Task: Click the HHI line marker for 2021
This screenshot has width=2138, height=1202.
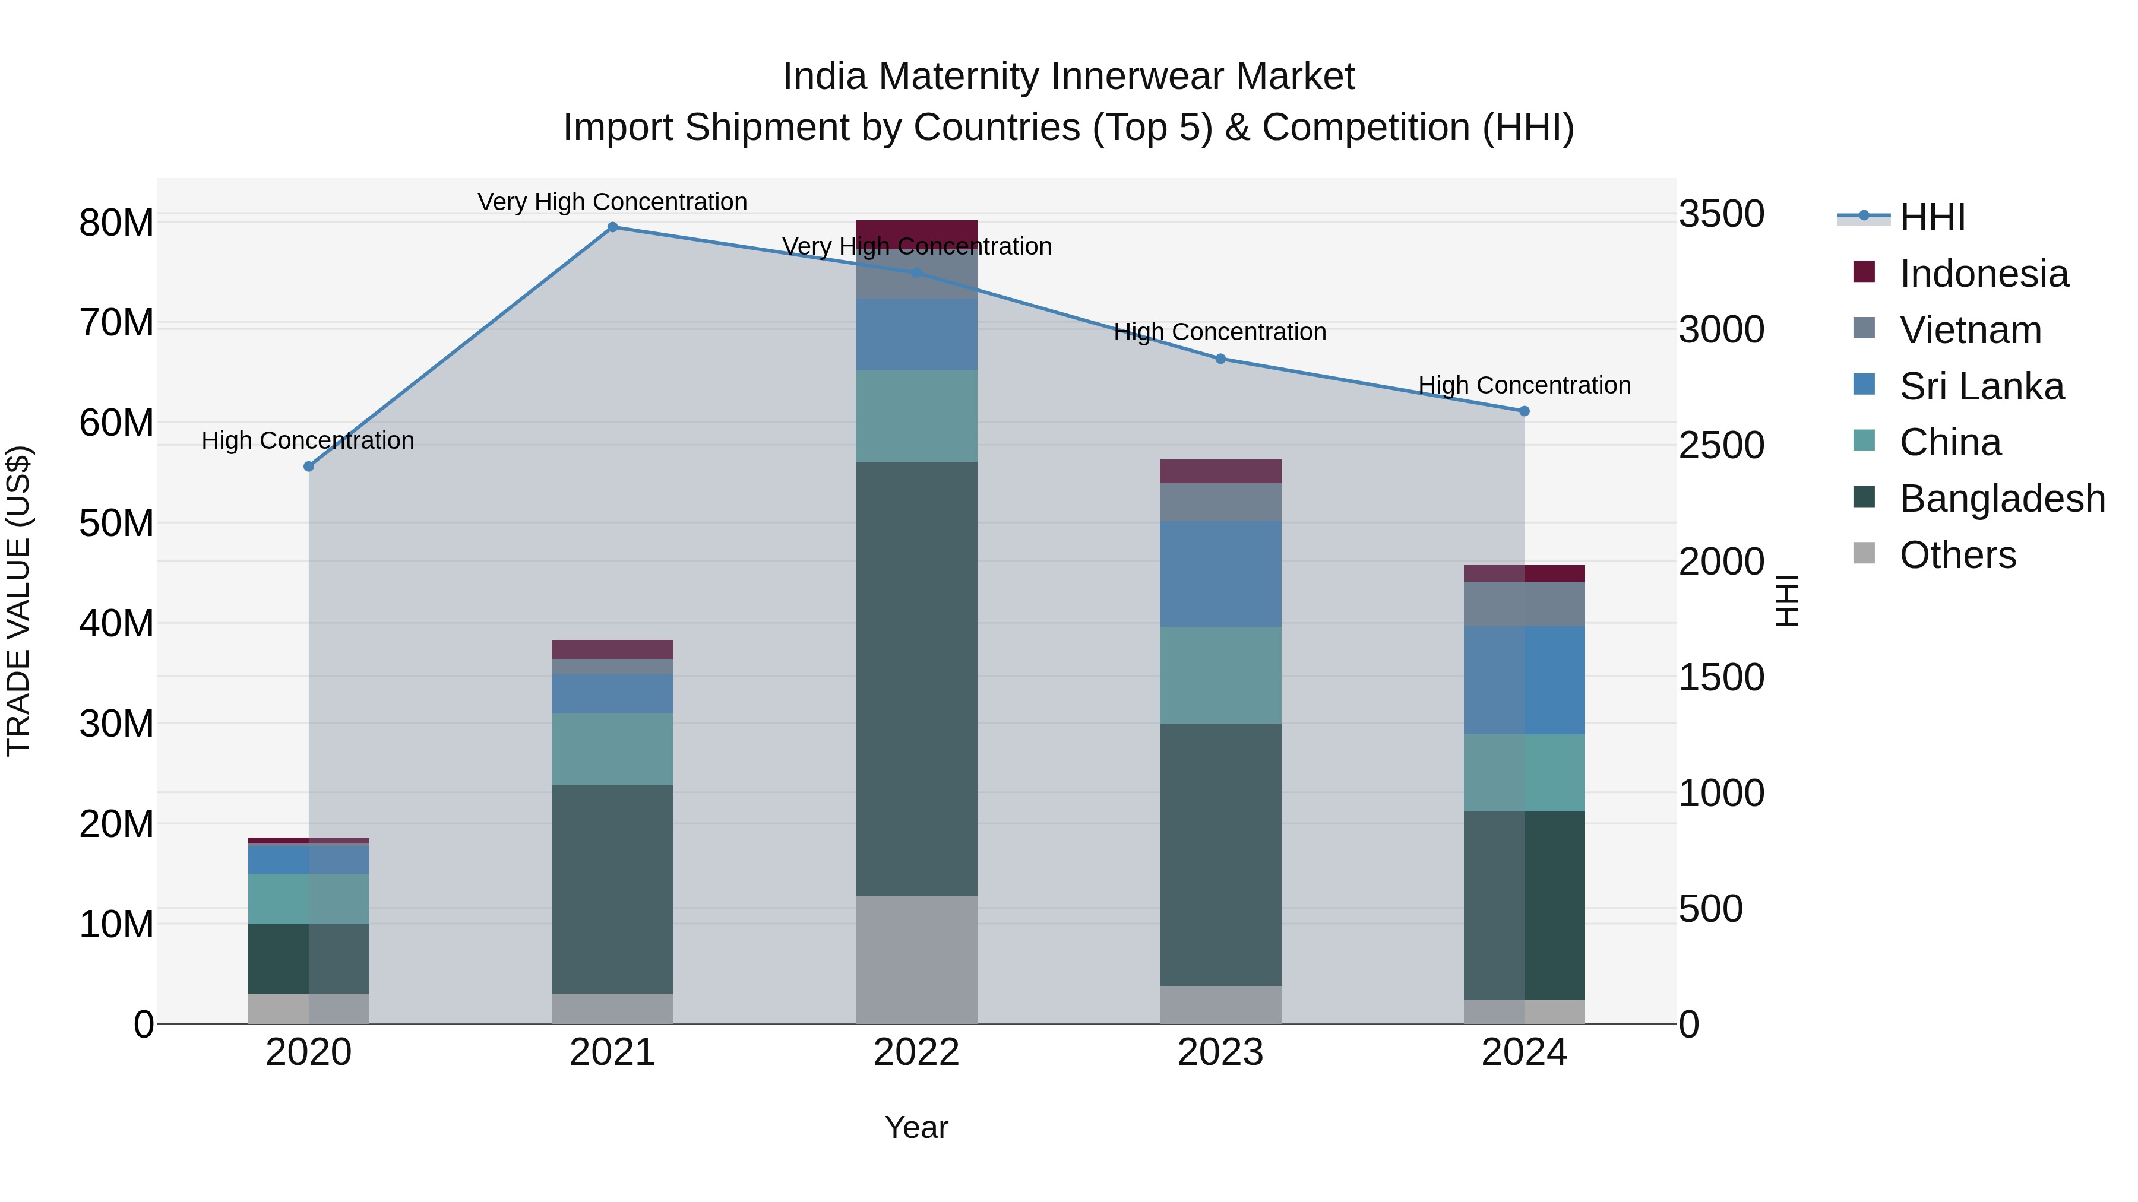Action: coord(612,227)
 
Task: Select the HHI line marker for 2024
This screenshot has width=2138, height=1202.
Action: coord(1524,411)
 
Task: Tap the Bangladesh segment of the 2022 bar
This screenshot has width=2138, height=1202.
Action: coord(916,678)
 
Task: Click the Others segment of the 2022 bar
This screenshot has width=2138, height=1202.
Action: coord(916,960)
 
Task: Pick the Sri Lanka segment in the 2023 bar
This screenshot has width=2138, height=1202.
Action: coord(1220,574)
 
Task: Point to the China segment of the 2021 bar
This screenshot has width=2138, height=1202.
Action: coord(612,749)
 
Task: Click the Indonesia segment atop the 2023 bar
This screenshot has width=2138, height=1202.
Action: coord(1220,471)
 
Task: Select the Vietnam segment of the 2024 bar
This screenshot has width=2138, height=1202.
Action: coord(1524,604)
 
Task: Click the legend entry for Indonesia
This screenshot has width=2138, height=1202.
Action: coord(1984,274)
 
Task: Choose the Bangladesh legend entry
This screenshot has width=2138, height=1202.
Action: coord(2002,499)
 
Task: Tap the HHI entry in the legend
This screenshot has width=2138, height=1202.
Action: coord(1932,217)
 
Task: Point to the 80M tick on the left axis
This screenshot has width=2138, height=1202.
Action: coord(116,223)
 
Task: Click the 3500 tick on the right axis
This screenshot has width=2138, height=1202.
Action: coord(1721,214)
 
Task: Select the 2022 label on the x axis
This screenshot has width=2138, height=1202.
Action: coord(916,1052)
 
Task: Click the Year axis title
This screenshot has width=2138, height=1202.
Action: coord(916,1127)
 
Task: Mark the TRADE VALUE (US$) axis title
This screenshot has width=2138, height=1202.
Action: coord(18,601)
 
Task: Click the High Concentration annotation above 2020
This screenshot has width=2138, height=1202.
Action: coord(308,440)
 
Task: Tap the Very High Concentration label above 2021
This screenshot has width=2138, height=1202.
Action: coord(612,202)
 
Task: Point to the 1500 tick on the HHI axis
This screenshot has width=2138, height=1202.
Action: coord(1721,678)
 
